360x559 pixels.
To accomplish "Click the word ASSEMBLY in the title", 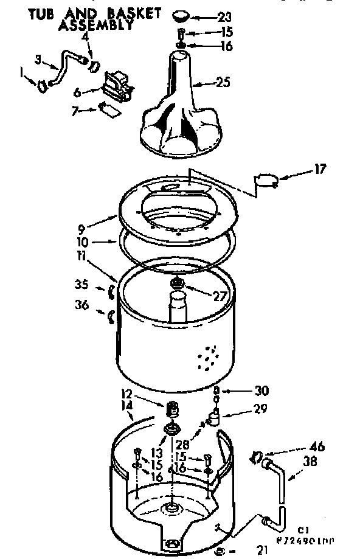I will coord(95,25).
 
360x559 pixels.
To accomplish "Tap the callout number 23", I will coord(224,16).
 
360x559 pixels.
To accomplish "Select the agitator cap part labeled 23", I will coord(180,15).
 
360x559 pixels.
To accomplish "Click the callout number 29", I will coord(260,409).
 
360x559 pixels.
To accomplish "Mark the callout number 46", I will coord(316,447).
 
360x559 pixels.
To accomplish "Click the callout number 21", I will coord(261,550).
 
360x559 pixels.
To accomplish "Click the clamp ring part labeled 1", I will coord(43,86).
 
